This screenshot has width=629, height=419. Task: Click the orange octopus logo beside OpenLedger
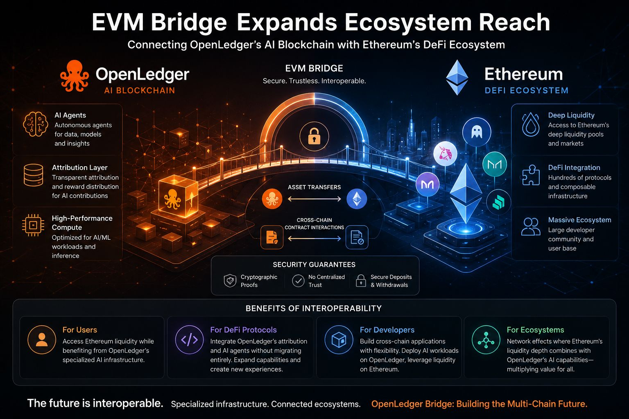(x=75, y=76)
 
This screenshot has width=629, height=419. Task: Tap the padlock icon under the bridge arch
(x=314, y=136)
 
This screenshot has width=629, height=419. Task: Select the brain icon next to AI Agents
(x=35, y=124)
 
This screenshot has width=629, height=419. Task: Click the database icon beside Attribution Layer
(x=34, y=175)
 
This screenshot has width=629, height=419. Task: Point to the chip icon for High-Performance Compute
(x=33, y=225)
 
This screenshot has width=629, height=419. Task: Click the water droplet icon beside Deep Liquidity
(x=530, y=124)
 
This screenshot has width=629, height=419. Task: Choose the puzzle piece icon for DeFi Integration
(x=531, y=175)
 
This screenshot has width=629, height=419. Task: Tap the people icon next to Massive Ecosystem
(x=530, y=226)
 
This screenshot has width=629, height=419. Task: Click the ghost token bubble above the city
(x=477, y=132)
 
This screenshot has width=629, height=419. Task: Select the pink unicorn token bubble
(x=445, y=153)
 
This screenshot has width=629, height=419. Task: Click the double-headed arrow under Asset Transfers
(x=314, y=199)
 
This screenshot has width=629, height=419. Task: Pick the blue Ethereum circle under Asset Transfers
(x=357, y=199)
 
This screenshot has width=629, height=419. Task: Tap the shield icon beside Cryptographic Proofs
(x=230, y=281)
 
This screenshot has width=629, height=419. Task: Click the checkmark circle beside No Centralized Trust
(x=298, y=281)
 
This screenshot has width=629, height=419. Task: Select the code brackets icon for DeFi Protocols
(x=189, y=340)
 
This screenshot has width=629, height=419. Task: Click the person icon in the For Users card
(x=42, y=340)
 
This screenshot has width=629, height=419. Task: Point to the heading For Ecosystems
(x=535, y=330)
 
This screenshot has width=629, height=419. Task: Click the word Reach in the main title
(x=514, y=22)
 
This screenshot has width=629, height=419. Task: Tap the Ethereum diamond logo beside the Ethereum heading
(x=457, y=77)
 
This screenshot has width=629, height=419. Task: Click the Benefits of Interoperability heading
(x=314, y=309)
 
